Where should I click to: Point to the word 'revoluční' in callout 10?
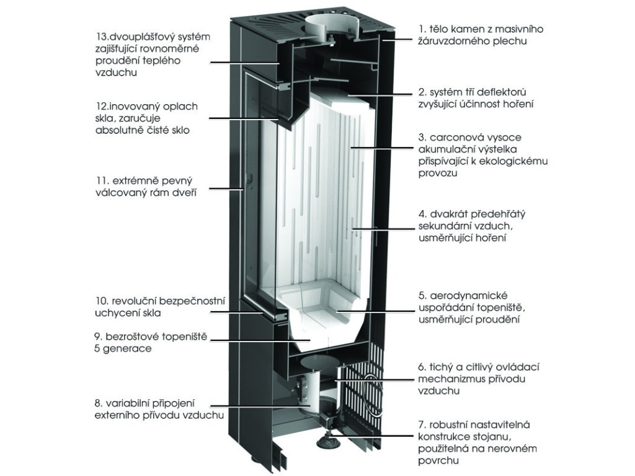(131, 301)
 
